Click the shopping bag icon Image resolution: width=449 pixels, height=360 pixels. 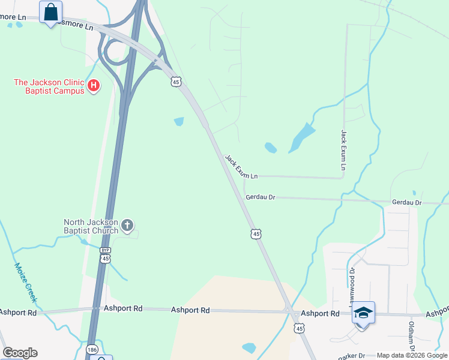pyautogui.click(x=50, y=11)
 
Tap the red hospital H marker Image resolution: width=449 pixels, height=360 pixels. pyautogui.click(x=93, y=86)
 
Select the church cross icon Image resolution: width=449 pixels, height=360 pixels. pyautogui.click(x=127, y=226)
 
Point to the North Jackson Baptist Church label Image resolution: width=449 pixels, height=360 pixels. pyautogui.click(x=91, y=226)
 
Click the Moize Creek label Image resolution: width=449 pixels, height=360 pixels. pyautogui.click(x=26, y=282)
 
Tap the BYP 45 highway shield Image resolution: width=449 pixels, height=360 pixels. pyautogui.click(x=105, y=256)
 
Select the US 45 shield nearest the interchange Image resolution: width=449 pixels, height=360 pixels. pyautogui.click(x=175, y=81)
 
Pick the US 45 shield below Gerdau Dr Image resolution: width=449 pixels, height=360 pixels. pyautogui.click(x=256, y=233)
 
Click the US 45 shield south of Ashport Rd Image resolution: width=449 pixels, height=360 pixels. pyautogui.click(x=299, y=328)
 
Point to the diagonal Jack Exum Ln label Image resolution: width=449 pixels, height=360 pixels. pyautogui.click(x=241, y=167)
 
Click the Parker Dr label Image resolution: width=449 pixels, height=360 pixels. pyautogui.click(x=352, y=356)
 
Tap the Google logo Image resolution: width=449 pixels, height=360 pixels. pyautogui.click(x=20, y=353)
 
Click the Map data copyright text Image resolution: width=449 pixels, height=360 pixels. pyautogui.click(x=412, y=356)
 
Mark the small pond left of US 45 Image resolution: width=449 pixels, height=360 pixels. pyautogui.click(x=179, y=122)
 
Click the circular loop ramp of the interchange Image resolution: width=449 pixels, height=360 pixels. pyautogui.click(x=113, y=52)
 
